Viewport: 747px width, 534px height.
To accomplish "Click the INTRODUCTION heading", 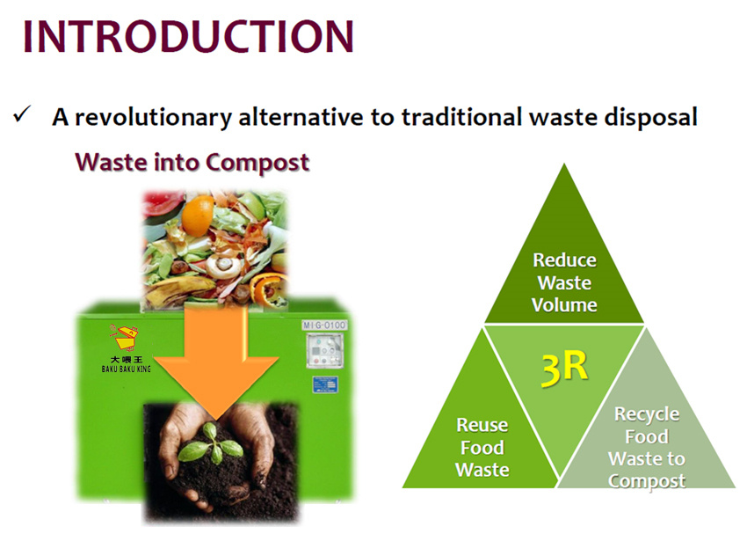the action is point(188,36).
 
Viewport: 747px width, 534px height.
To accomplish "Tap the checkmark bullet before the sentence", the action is point(22,114).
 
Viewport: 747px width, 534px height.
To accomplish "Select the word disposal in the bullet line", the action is point(650,117).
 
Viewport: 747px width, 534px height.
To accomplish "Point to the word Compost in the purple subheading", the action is point(257,163).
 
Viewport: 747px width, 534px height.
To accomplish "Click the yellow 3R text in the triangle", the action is point(564,368).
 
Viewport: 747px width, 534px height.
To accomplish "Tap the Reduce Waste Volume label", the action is point(564,282).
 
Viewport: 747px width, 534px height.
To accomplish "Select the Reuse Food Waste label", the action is point(482,447).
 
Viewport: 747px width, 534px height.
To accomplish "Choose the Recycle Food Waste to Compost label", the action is point(647,447).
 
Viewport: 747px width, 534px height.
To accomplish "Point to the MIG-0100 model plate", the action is point(324,326).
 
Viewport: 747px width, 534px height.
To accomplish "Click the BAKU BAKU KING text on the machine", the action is point(127,369).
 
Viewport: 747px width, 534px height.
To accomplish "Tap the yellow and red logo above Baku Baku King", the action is point(124,338).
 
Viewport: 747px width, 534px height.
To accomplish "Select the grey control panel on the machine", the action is point(325,350).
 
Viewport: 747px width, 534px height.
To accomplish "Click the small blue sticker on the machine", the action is point(325,384).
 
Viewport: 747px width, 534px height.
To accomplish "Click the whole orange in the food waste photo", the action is point(198,216).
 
